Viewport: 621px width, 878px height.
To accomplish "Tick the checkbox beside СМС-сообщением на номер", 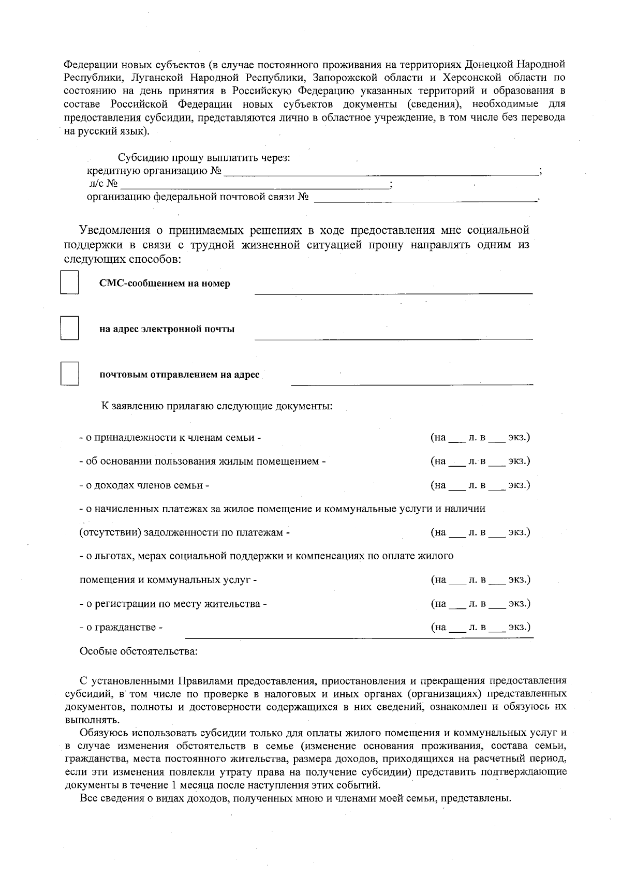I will (x=69, y=282).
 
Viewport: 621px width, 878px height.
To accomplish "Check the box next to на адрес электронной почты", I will (x=69, y=328).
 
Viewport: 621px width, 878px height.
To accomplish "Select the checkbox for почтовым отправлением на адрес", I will (x=69, y=374).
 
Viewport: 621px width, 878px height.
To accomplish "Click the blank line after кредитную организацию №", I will (x=380, y=172).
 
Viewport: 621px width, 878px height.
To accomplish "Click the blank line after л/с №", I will (x=254, y=185).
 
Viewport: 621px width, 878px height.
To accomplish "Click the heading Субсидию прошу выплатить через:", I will (x=204, y=158).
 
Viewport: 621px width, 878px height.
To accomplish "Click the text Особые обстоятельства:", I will (x=138, y=651).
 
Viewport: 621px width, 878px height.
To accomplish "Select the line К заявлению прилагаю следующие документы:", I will (x=216, y=406).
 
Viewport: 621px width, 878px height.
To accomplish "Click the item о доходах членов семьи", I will (x=144, y=485).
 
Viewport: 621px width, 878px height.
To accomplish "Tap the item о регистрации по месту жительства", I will (x=173, y=604).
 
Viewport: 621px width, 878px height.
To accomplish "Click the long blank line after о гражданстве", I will (x=305, y=634).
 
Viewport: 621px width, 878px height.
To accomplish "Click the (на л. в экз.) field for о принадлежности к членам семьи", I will (x=480, y=438).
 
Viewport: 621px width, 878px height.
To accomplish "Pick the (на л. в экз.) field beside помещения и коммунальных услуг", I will (x=480, y=580).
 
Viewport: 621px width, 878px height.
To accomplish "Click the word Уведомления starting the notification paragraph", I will (x=114, y=230).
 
